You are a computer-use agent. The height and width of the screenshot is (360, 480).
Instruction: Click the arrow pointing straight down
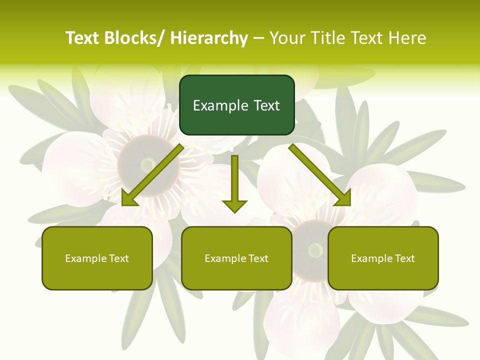coord(234,182)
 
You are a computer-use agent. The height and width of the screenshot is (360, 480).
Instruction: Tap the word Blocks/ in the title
coord(134,38)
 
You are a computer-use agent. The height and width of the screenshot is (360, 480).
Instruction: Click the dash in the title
coord(258,38)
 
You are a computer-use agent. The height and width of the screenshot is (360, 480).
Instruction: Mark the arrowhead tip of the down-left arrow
coord(122,205)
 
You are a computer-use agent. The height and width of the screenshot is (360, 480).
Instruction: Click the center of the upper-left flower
coord(148,164)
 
